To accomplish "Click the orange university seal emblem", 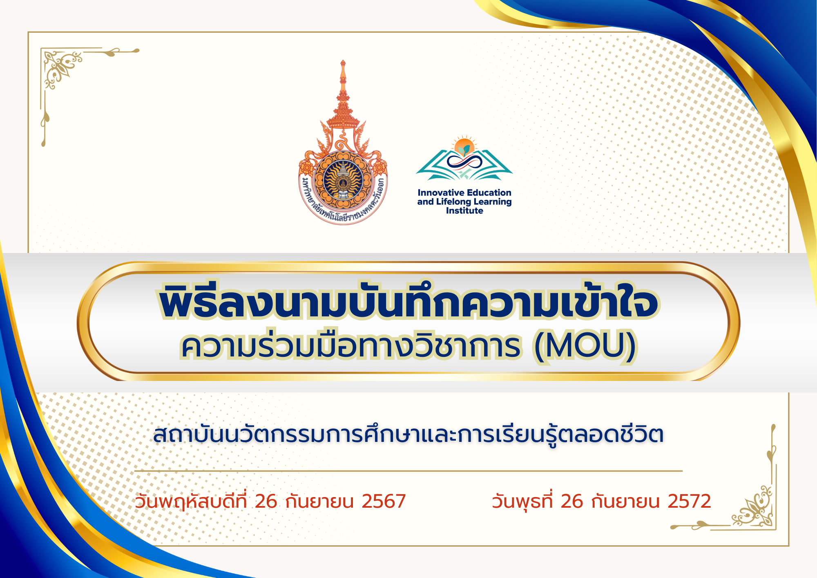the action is tap(343, 143).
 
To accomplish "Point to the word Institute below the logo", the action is tap(464, 211).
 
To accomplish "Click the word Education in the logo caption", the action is tap(489, 193).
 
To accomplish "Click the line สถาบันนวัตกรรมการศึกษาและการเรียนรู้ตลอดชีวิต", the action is tap(408, 434).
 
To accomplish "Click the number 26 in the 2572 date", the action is tap(572, 501).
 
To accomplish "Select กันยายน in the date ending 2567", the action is tap(319, 501).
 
